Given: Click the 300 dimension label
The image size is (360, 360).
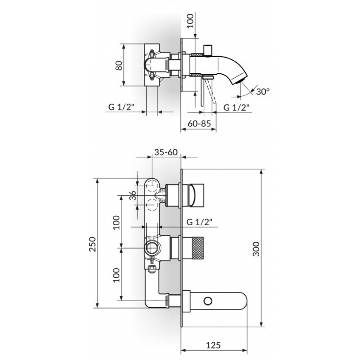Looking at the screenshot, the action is point(256,249).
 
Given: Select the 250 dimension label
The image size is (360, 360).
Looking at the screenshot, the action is point(93,244).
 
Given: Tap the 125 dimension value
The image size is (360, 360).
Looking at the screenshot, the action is point(213,345).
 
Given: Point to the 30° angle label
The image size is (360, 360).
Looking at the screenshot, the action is point(263,92).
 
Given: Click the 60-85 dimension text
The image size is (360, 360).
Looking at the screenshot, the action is point(199,124).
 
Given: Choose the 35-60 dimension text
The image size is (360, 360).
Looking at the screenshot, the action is point(166,152).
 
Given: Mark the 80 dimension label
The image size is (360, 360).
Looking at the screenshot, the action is point(119,65).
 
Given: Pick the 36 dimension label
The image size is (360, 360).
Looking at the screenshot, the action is point(133,195).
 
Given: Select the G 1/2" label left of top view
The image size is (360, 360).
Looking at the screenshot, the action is point(121,107).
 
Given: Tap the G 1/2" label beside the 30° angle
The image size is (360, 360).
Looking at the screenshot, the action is point(237,107).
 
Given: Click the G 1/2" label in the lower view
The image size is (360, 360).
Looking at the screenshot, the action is point(199,222).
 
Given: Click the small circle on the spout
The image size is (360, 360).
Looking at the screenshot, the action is point(208,301).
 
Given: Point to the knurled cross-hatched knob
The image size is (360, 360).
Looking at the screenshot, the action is point(197,248).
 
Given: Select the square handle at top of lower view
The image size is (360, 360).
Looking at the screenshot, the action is point(196,195).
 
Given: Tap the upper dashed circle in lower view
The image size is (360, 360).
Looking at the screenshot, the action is point(152,185).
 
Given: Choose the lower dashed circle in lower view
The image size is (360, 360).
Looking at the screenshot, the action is point(152,205).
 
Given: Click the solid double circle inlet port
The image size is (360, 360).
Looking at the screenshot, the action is point(152,248).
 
